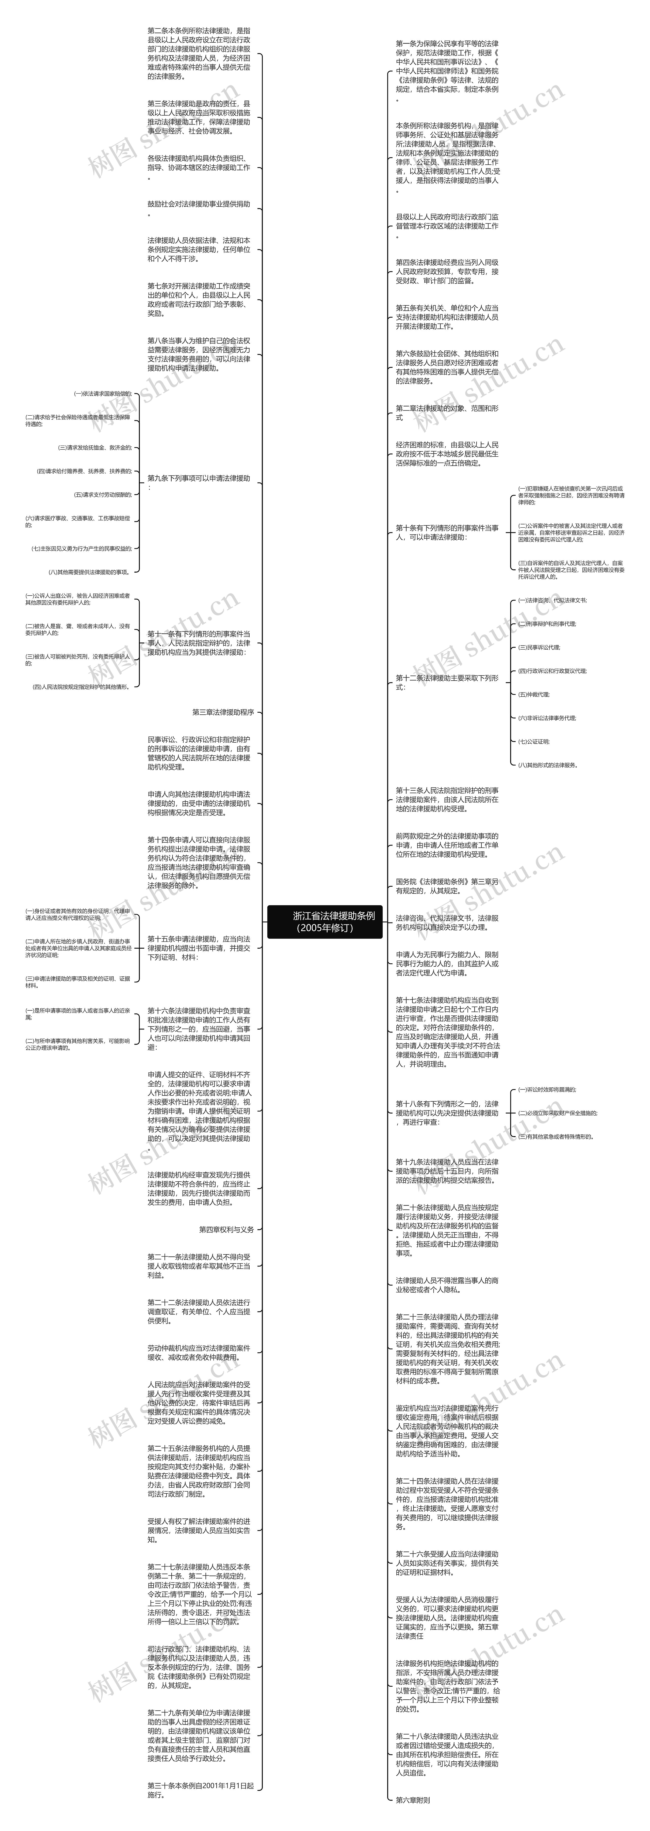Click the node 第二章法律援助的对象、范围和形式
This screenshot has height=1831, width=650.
coord(447,413)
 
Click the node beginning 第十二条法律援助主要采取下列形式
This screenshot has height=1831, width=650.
coord(447,682)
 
